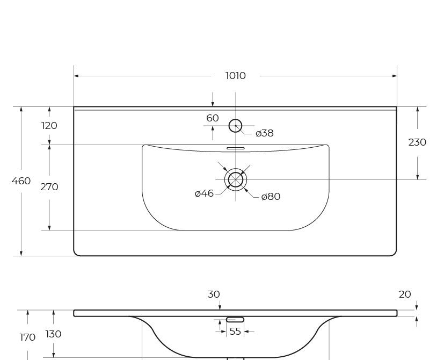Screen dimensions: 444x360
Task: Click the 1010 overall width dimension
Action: pyautogui.click(x=235, y=76)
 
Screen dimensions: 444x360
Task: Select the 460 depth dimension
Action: pyautogui.click(x=21, y=181)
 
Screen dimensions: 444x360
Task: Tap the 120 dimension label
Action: pyautogui.click(x=49, y=125)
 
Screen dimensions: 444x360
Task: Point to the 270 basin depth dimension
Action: pyautogui.click(x=49, y=187)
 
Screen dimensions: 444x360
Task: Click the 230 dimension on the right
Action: pyautogui.click(x=417, y=142)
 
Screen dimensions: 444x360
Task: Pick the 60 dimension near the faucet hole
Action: pyautogui.click(x=213, y=118)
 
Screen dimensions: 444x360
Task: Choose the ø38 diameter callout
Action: pyautogui.click(x=265, y=133)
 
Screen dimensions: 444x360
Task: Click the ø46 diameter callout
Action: pyautogui.click(x=204, y=193)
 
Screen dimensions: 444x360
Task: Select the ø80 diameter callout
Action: pyautogui.click(x=271, y=197)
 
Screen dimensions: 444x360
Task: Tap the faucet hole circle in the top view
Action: pyautogui.click(x=235, y=126)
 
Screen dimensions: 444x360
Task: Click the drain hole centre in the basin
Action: pyautogui.click(x=236, y=179)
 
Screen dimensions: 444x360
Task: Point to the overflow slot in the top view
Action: pyautogui.click(x=235, y=148)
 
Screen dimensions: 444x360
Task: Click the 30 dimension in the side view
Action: pyautogui.click(x=214, y=294)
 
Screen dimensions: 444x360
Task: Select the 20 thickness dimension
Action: pyautogui.click(x=405, y=294)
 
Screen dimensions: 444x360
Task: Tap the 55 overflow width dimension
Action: pyautogui.click(x=235, y=331)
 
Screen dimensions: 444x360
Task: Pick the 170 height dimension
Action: pyautogui.click(x=27, y=337)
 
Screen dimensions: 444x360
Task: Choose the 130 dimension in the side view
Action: pyautogui.click(x=53, y=334)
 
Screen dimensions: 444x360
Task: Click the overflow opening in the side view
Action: pyautogui.click(x=235, y=320)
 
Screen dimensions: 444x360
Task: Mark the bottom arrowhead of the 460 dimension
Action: pyautogui.click(x=21, y=253)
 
